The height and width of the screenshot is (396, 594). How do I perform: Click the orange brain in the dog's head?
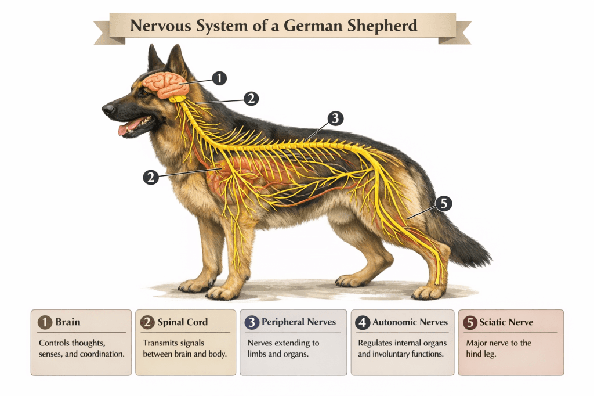coord(165,85)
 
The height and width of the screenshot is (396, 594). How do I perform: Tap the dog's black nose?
coord(107,108)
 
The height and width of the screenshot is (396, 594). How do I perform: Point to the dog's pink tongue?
coord(130,126)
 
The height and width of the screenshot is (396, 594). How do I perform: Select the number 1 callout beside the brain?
coord(219,78)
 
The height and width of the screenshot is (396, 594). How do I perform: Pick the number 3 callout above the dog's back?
coord(335,118)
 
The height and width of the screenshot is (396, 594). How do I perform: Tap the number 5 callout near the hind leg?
coord(443,203)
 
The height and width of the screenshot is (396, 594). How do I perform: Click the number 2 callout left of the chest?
coord(151,177)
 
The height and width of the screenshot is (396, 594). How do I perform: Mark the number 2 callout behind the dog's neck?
coord(251,98)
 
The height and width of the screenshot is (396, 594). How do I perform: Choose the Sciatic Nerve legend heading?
coord(506,322)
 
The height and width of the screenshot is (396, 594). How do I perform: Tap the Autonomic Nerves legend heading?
coord(410,322)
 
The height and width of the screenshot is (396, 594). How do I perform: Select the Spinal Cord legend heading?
coord(182,322)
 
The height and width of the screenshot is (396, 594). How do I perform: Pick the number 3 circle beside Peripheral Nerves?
coord(252,322)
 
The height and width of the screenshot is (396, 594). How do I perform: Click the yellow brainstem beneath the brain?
coord(178,99)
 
